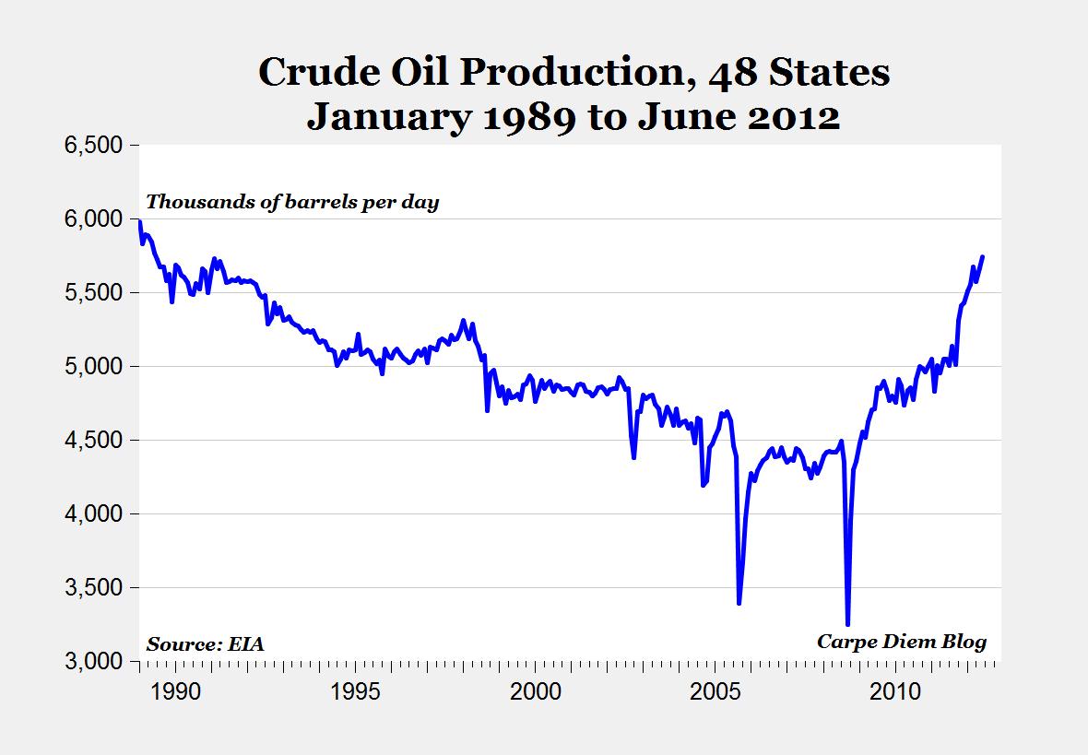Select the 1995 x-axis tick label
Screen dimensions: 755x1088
355,691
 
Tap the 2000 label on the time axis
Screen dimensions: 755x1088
536,691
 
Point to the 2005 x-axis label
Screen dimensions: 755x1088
716,691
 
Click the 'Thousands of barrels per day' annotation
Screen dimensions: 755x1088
292,202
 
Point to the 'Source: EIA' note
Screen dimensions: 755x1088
205,643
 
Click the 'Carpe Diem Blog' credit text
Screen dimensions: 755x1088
902,642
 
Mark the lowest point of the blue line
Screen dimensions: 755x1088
847,624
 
